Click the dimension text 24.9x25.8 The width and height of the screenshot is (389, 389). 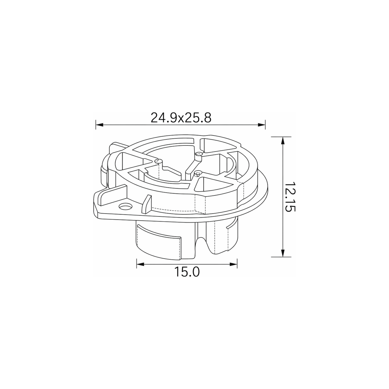pyautogui.click(x=181, y=118)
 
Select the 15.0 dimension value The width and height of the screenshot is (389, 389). pyautogui.click(x=187, y=272)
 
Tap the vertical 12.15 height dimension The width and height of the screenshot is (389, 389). pyautogui.click(x=290, y=197)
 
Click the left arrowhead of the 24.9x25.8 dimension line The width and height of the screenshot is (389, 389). pyautogui.click(x=100, y=125)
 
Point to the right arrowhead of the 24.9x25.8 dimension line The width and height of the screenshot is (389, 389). pyautogui.click(x=261, y=125)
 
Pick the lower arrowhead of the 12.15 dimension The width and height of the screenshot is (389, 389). pyautogui.click(x=283, y=253)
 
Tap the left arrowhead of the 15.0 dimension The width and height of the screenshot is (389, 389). pyautogui.click(x=140, y=264)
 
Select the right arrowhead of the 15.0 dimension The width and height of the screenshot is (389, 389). pyautogui.click(x=233, y=264)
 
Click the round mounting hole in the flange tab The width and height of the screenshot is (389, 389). pyautogui.click(x=125, y=206)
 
